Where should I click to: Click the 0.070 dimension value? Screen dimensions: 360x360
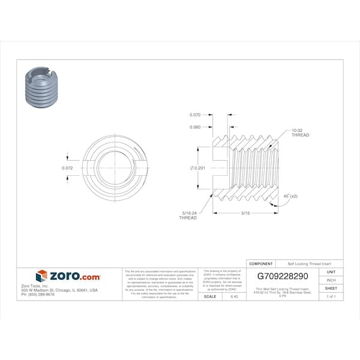(195, 115)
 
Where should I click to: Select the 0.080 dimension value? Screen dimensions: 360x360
(195, 127)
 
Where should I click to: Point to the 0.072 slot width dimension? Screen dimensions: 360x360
(68, 168)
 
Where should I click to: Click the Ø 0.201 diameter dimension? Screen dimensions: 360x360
(198, 168)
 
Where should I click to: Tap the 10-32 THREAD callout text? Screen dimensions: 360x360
(300, 133)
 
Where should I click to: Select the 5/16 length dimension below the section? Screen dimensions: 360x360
(246, 213)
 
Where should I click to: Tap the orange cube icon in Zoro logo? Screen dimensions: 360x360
(41, 276)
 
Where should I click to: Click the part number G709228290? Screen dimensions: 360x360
(282, 277)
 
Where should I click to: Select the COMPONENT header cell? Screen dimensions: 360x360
(261, 263)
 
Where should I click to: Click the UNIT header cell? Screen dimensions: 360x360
(331, 272)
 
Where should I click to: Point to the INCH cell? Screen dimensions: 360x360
(331, 280)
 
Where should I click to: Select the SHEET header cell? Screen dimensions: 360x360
(331, 289)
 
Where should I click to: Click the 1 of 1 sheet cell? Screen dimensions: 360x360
(331, 297)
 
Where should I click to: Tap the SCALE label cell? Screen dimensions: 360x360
(210, 297)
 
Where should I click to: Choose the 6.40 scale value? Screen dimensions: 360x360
(233, 297)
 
